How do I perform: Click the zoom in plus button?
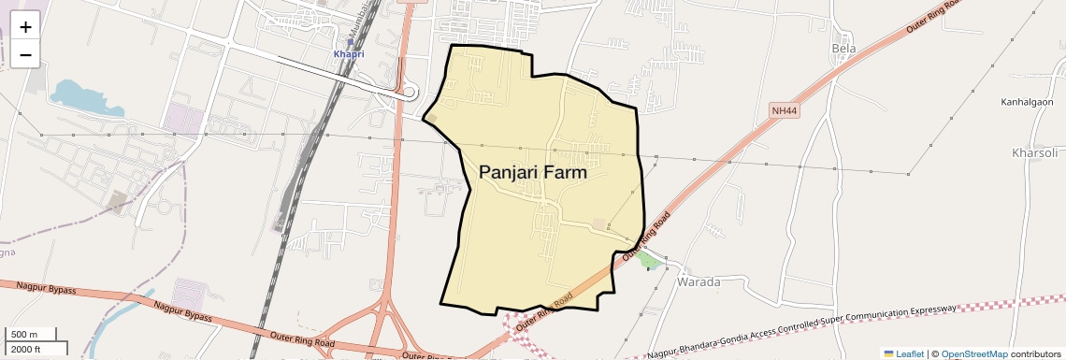pos(25,26)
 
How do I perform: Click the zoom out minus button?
pos(25,55)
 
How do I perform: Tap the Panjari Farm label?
pos(533,172)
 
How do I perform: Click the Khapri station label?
pos(349,54)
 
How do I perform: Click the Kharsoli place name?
pos(1034,152)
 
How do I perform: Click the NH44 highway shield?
pos(785,110)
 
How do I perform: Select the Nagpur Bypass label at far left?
pos(38,288)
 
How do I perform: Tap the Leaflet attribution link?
pos(903,354)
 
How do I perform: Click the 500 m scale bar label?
pos(24,335)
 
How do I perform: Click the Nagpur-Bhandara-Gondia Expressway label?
pos(804,331)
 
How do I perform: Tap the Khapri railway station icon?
pos(350,42)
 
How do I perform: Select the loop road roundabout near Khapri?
pos(410,93)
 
